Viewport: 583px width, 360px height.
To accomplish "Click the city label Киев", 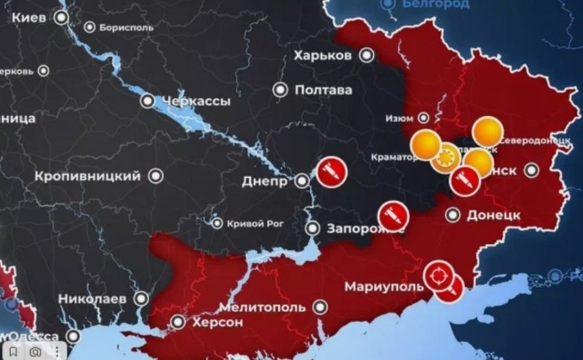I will pos(29,18).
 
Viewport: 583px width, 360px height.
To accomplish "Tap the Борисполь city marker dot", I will pos(90,27).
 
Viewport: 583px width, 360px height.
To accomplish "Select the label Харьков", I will pos(322,55).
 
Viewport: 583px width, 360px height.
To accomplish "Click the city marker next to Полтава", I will pos(280,90).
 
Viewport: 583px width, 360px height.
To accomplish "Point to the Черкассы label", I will pos(195,101).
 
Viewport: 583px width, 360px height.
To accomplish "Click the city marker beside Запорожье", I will pos(312,228).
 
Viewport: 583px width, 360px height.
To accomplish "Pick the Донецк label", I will pos(493,215).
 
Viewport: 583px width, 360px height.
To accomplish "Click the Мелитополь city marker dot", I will pos(319,307).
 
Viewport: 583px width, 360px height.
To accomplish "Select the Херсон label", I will pos(217,322).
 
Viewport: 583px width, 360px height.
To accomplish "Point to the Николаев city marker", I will pos(141,299).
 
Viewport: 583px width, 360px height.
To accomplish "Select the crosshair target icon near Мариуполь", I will pos(437,276).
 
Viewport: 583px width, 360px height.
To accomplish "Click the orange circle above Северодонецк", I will pos(488,130).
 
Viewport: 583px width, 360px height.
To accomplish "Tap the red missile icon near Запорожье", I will pos(393,215).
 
